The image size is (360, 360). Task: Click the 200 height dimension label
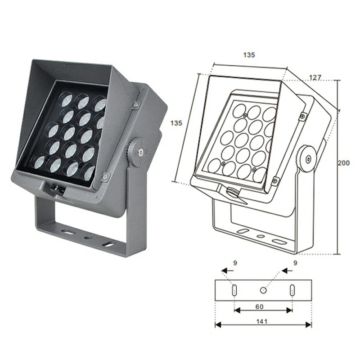point(343,163)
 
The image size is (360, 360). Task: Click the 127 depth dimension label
point(315,77)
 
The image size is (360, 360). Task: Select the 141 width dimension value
point(262,321)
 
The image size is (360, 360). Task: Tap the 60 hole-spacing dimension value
point(260,307)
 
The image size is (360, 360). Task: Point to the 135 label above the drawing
point(249,55)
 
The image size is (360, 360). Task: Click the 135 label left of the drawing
point(176,123)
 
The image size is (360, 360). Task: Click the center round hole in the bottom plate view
point(263,290)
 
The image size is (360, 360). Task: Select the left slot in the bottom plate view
point(234,290)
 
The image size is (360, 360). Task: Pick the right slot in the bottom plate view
point(292,290)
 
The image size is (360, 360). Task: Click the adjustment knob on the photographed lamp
point(139,152)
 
